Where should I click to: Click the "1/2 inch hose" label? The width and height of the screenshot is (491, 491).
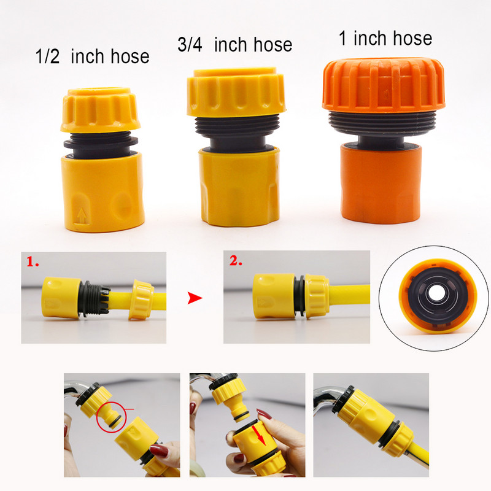click(x=92, y=57)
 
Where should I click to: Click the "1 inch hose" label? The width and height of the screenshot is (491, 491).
click(x=385, y=38)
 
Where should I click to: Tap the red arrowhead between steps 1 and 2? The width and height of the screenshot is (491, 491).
click(x=195, y=298)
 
